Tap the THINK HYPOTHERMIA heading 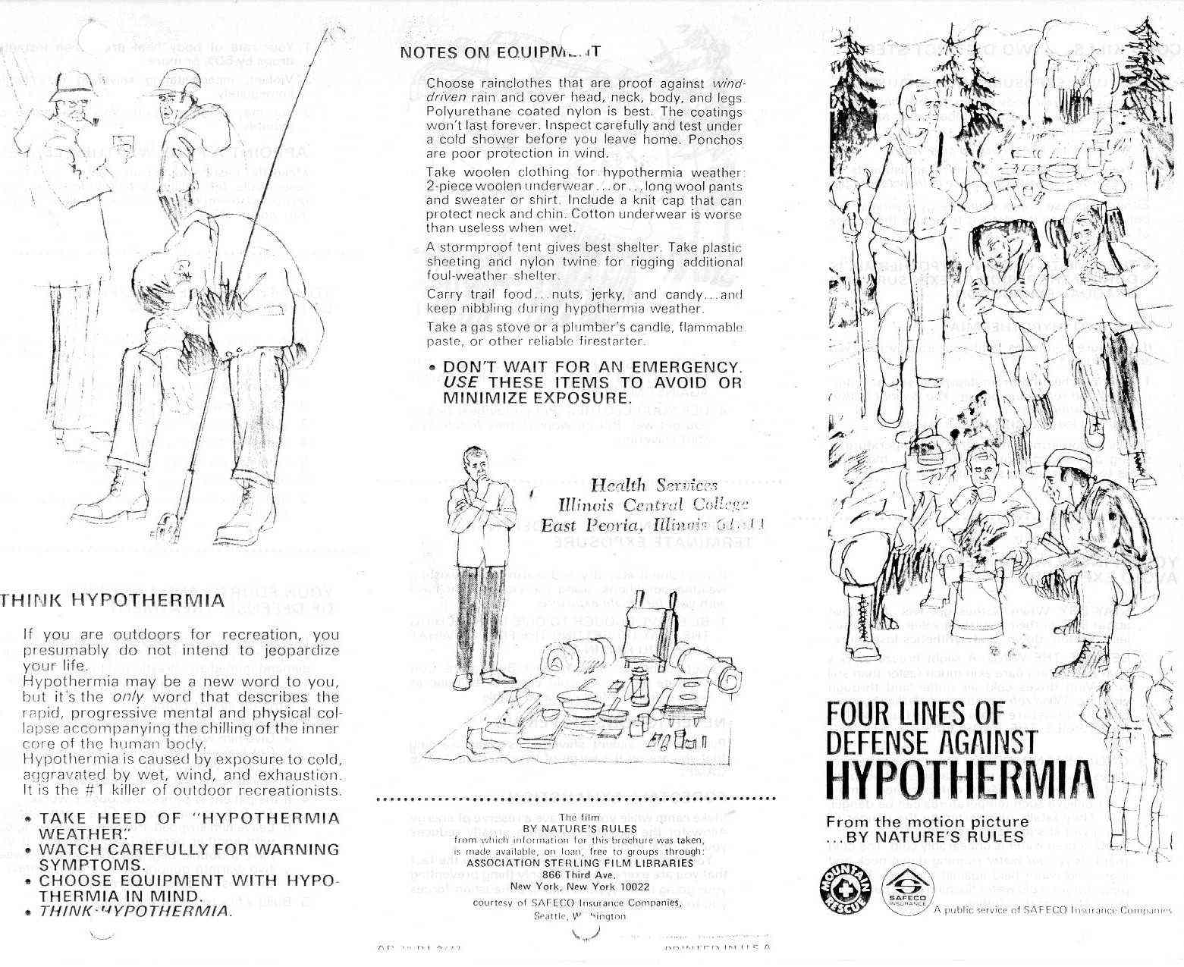click(113, 601)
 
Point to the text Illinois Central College click(653, 504)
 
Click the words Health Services click(653, 485)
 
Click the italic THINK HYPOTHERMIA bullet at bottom click(133, 910)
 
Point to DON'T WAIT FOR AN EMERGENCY click(592, 367)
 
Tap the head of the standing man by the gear click(474, 460)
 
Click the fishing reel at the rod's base click(168, 523)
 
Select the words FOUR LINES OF click(915, 714)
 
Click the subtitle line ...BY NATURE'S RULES click(925, 837)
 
